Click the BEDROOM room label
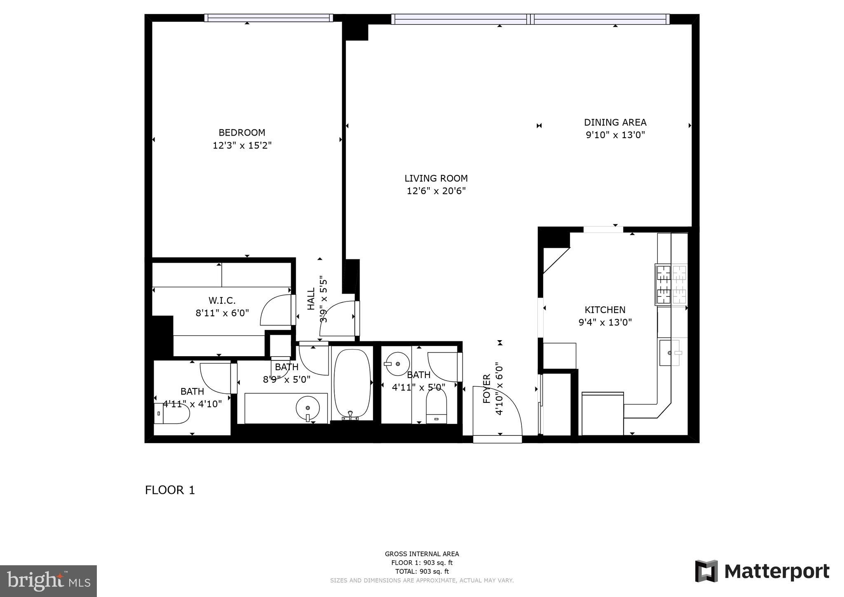pyautogui.click(x=241, y=133)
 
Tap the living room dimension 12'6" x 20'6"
pyautogui.click(x=436, y=191)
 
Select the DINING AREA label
pyautogui.click(x=615, y=122)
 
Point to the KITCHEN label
pyautogui.click(x=605, y=310)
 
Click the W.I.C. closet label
pyautogui.click(x=222, y=301)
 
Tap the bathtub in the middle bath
pyautogui.click(x=352, y=384)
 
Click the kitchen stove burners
pyautogui.click(x=671, y=284)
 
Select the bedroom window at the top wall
pyautogui.click(x=269, y=18)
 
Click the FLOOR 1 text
pyautogui.click(x=170, y=490)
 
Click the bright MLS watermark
pyautogui.click(x=48, y=581)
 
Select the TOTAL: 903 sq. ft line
pyautogui.click(x=422, y=571)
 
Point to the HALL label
pyautogui.click(x=311, y=298)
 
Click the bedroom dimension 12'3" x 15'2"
pyautogui.click(x=242, y=146)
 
